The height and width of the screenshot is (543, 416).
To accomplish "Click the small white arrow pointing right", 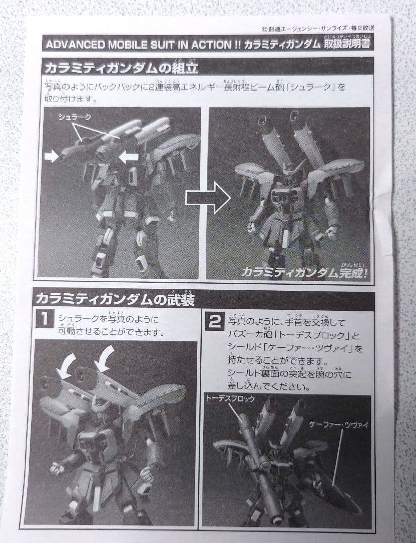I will (x=51, y=157).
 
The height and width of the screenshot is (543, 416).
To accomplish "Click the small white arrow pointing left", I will (x=128, y=157).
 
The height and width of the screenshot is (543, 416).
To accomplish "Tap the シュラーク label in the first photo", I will (x=75, y=117).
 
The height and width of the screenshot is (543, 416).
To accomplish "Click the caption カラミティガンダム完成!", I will (x=305, y=272).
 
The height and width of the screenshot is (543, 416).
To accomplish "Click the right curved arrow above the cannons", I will (x=105, y=358).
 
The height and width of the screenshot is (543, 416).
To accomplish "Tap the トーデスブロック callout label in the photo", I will (x=230, y=399).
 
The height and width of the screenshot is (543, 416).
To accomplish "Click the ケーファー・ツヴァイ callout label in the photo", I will (x=339, y=425).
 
